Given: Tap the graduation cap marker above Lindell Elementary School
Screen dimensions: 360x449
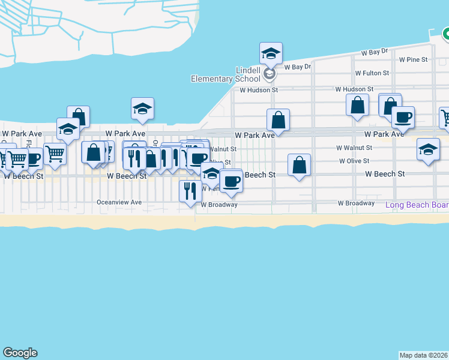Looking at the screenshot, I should (271, 54).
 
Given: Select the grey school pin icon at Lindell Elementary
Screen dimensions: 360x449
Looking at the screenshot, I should (270, 74).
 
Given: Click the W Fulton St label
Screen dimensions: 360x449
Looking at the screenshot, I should (372, 73).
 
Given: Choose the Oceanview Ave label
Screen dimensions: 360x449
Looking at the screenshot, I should (119, 203).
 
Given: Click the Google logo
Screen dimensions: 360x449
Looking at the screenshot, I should (20, 353).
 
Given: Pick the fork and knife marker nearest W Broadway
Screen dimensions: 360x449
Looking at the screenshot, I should (190, 191).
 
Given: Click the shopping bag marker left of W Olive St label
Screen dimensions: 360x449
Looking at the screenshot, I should (299, 166).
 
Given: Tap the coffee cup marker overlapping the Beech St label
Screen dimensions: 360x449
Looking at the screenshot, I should (231, 181).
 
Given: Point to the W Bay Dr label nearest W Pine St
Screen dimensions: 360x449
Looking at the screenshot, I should (375, 53).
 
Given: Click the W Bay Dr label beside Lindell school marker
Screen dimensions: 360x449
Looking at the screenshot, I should (298, 67).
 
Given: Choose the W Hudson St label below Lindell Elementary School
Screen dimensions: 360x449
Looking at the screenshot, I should (259, 90).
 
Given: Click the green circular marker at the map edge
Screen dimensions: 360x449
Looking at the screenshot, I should (446, 35).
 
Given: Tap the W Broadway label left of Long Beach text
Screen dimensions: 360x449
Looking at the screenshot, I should (356, 203).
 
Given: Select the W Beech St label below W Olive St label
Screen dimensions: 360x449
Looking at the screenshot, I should (385, 174).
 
